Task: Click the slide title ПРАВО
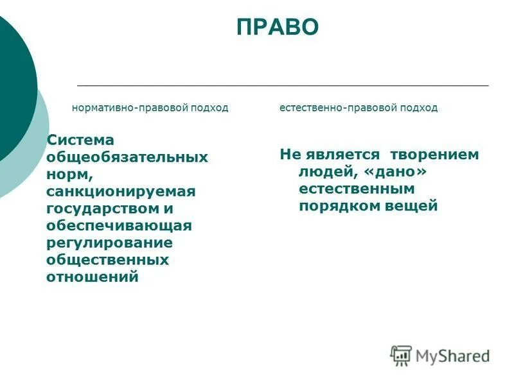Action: (277, 28)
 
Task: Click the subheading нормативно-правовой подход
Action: (150, 108)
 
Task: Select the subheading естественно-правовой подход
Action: (359, 108)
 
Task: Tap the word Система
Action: (80, 140)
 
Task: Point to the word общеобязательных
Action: (127, 157)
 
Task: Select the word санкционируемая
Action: (120, 191)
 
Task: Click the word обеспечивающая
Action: (119, 226)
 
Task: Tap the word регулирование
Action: (109, 243)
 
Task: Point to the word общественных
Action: (107, 260)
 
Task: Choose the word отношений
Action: (93, 277)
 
